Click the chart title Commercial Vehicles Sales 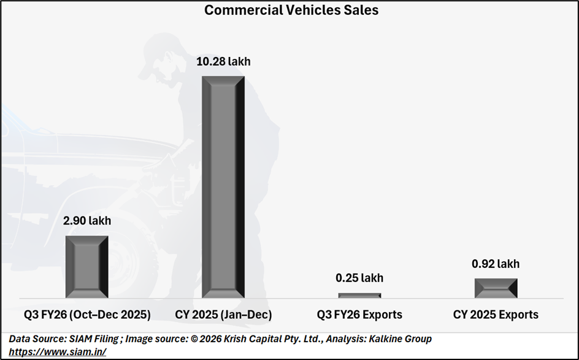coord(291,10)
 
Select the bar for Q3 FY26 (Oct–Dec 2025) coord(86,267)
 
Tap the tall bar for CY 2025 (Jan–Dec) coord(223,187)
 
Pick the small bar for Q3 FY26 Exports coord(359,296)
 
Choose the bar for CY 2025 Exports coord(496,288)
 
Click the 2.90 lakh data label coord(87,221)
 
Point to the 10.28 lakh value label coord(223,61)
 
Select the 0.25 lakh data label coord(359,278)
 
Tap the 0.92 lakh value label coord(496,264)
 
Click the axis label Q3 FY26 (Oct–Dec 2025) coord(87,315)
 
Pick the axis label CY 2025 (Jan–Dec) coord(223,315)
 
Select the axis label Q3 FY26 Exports coord(359,315)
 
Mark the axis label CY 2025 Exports coord(496,315)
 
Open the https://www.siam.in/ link coord(58,351)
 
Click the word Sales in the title coord(362,10)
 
